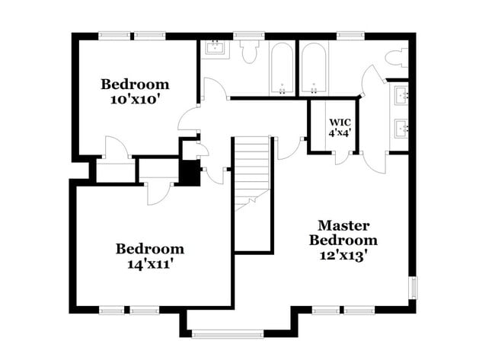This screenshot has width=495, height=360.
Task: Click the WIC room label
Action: pyautogui.click(x=340, y=122)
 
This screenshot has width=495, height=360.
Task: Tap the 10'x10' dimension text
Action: pyautogui.click(x=135, y=99)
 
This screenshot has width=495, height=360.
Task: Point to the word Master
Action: pyautogui.click(x=343, y=226)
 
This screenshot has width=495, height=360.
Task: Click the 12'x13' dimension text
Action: pyautogui.click(x=343, y=256)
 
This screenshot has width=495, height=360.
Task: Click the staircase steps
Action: pyautogui.click(x=252, y=172)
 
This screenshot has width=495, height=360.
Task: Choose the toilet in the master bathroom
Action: pyautogui.click(x=396, y=57)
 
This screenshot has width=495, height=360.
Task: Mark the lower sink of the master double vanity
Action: pyautogui.click(x=401, y=126)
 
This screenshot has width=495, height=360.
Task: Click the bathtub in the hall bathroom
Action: pyautogui.click(x=282, y=68)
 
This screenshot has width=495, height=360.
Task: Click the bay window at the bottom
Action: pyautogui.click(x=226, y=333)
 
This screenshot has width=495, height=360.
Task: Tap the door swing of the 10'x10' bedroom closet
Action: pyautogui.click(x=117, y=149)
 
